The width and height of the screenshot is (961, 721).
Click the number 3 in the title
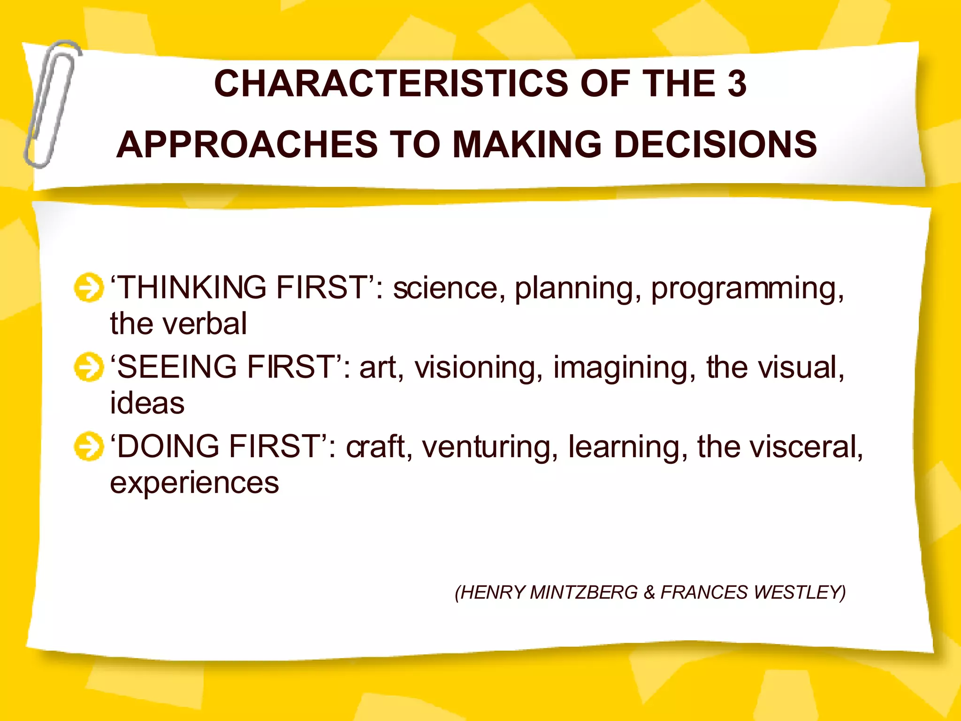[x=737, y=84]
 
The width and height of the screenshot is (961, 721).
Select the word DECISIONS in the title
[x=716, y=144]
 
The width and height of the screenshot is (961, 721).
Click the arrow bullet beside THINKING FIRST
[x=88, y=287]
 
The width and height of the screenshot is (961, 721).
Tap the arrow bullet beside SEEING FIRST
[x=88, y=367]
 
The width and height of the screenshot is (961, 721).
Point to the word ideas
[x=147, y=403]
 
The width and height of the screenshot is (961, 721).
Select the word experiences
[x=194, y=483]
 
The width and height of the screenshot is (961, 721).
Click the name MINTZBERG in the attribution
[x=584, y=592]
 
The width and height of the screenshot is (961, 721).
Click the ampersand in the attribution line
[x=649, y=592]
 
